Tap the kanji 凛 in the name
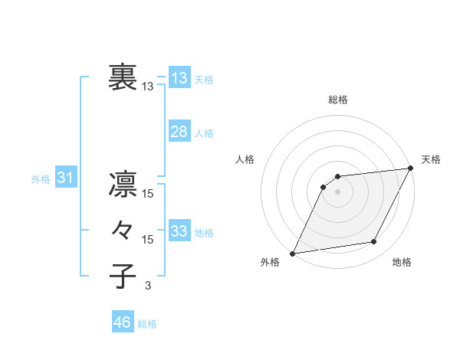(123, 184)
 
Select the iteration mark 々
(123, 230)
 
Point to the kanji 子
(123, 276)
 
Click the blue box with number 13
(179, 78)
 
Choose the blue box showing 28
(179, 132)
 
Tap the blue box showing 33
(179, 231)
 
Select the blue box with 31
(65, 178)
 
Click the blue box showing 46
(122, 322)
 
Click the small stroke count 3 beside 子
(147, 286)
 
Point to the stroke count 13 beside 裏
(147, 87)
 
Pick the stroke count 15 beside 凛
(147, 194)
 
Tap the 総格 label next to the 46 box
(147, 324)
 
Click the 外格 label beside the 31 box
(41, 179)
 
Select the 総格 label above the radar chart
(337, 100)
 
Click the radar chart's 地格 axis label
(402, 262)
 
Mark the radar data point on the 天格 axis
(412, 169)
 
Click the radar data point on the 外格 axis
(292, 253)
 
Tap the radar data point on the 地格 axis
(374, 242)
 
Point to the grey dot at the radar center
(337, 191)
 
